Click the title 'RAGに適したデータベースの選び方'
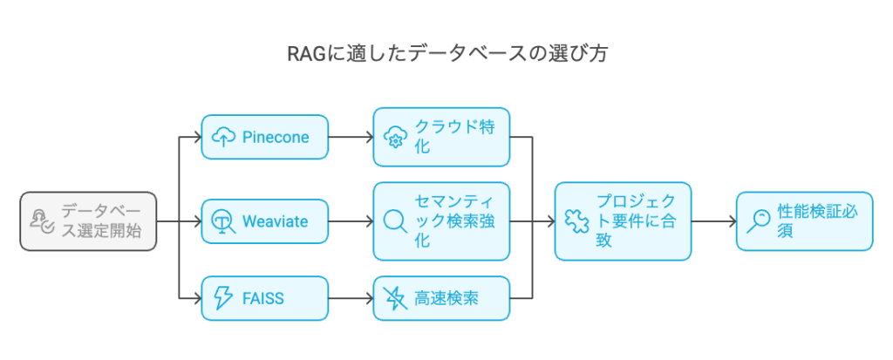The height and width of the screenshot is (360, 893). (x=446, y=54)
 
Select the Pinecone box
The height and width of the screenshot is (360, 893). (x=265, y=137)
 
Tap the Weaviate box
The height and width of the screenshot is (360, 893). (x=265, y=221)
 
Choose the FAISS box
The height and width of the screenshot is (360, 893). (x=265, y=298)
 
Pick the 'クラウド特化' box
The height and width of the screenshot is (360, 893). (x=441, y=137)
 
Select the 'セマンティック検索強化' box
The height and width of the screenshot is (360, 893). (x=441, y=221)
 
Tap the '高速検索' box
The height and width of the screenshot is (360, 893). (x=441, y=298)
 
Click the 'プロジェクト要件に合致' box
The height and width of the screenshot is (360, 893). (x=623, y=221)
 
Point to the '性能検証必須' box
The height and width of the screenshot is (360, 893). (x=803, y=221)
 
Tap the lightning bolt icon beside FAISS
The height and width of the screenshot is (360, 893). (x=224, y=298)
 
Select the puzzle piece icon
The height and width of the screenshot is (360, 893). (x=578, y=221)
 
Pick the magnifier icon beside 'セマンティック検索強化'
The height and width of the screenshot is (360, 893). (x=396, y=221)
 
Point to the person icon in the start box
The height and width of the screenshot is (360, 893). (x=42, y=221)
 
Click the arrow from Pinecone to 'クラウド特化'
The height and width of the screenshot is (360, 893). (x=351, y=137)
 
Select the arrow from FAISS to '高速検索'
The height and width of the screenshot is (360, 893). (x=351, y=298)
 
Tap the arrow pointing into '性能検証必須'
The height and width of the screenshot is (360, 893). (x=713, y=221)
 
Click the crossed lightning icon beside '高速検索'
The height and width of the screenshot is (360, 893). (x=396, y=298)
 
